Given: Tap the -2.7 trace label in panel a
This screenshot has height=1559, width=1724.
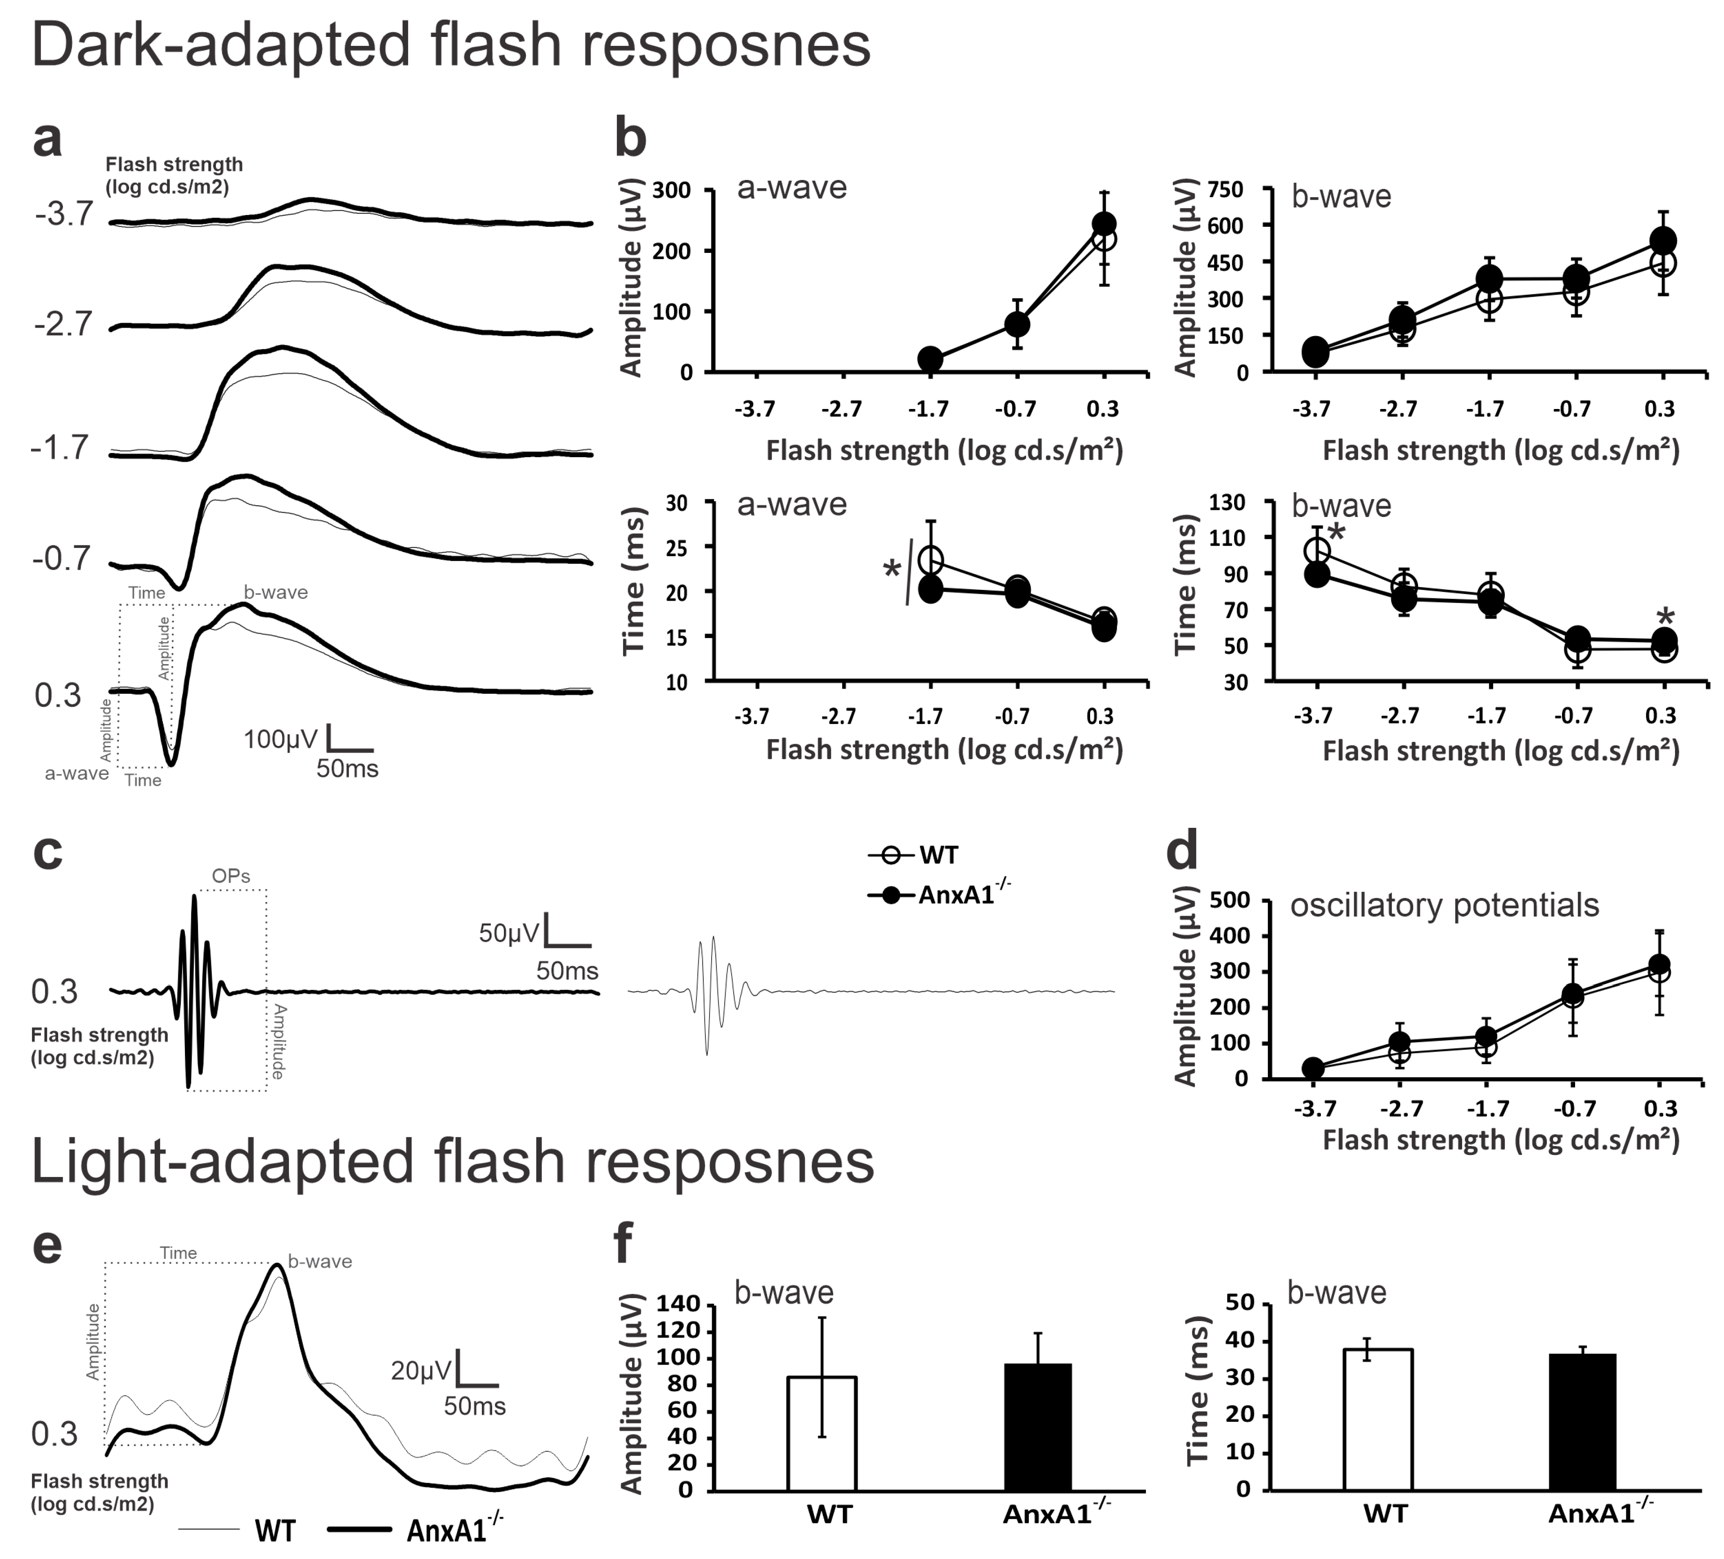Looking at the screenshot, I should pos(63,324).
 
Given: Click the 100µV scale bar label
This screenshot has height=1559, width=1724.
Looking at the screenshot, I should pos(280,739).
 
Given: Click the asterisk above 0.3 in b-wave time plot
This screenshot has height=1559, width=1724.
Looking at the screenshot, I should pos(1664,616).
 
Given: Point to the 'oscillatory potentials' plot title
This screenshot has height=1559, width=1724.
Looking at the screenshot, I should pos(1444,905).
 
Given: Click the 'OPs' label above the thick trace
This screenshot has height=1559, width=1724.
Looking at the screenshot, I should pos(231,876).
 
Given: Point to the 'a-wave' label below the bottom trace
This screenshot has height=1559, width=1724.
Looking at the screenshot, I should pos(77,773).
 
